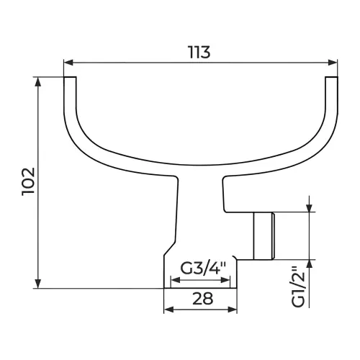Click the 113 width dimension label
tap(199, 52)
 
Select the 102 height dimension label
tap(29, 181)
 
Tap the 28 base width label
tap(203, 299)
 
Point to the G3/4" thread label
tap(203, 269)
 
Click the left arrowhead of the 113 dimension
tap(68, 63)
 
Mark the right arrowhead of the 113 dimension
tap(333, 63)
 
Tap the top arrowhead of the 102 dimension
tap(38, 82)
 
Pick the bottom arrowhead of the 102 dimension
tap(38, 284)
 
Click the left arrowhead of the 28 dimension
tap(168, 310)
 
